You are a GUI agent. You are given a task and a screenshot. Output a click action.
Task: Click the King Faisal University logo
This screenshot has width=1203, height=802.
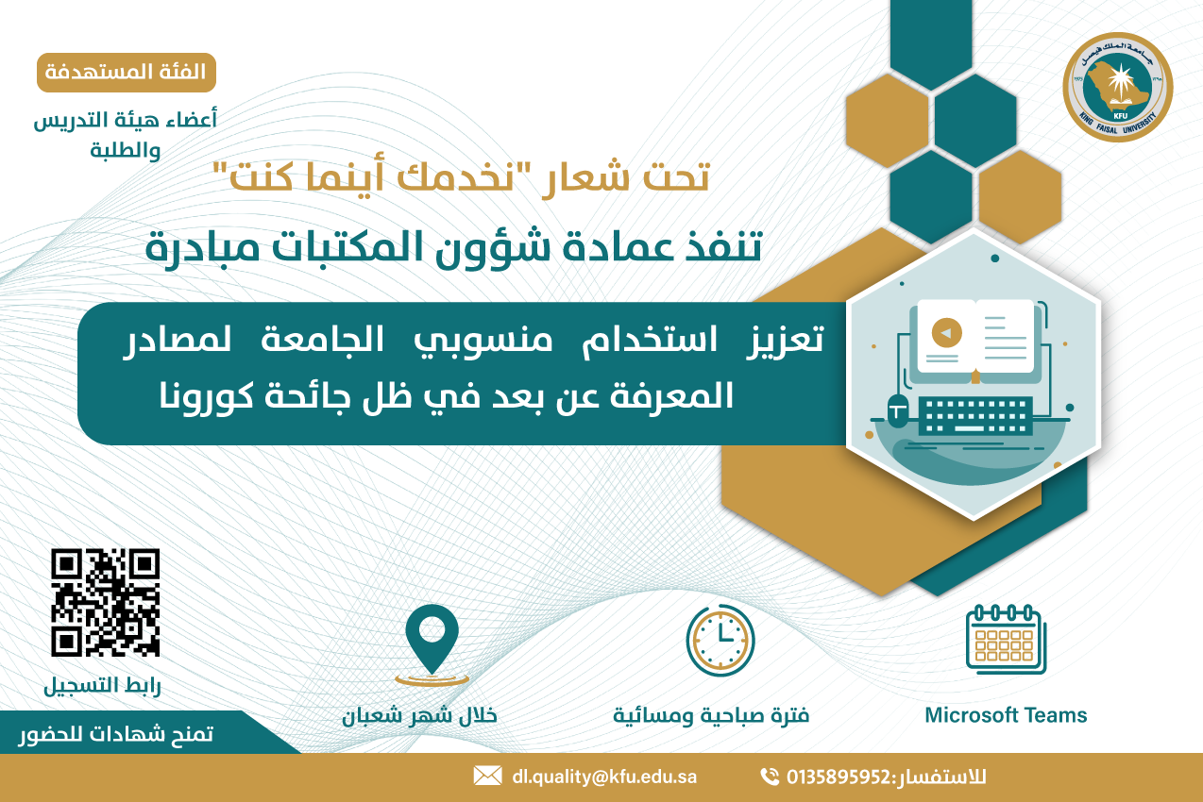[x=1118, y=87]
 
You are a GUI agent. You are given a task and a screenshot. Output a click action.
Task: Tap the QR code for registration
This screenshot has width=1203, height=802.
[x=105, y=602]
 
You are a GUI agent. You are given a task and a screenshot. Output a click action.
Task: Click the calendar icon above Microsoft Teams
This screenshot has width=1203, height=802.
[x=1006, y=639]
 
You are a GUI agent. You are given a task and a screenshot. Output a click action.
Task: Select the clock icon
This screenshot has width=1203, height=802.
[x=720, y=640]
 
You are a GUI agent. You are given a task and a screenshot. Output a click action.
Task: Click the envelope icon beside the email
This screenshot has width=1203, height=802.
[x=487, y=776]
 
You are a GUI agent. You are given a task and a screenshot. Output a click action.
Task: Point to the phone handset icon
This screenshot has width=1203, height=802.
[x=770, y=777]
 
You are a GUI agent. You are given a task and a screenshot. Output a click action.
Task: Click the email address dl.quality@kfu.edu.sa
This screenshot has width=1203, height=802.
[x=604, y=777]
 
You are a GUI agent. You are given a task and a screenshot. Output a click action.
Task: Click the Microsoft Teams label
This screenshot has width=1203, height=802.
[x=1006, y=715]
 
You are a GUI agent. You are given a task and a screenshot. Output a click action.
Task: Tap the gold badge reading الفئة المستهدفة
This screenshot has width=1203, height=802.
[x=127, y=73]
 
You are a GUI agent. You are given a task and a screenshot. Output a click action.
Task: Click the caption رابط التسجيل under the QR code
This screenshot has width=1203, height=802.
[x=102, y=686]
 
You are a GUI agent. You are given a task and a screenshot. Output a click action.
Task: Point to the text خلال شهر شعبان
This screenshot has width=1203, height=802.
[x=419, y=715]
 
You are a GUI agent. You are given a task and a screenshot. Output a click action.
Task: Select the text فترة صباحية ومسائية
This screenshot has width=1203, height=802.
[x=711, y=715]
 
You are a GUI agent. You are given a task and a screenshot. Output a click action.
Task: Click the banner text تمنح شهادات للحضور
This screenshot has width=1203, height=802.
[x=116, y=734]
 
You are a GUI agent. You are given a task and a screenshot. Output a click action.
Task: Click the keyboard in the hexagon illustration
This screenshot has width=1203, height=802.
[x=975, y=416]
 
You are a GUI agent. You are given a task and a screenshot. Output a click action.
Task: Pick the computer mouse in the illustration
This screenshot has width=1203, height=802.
[x=897, y=410]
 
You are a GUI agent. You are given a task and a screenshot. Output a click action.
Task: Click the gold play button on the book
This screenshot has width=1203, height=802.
[x=947, y=333]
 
